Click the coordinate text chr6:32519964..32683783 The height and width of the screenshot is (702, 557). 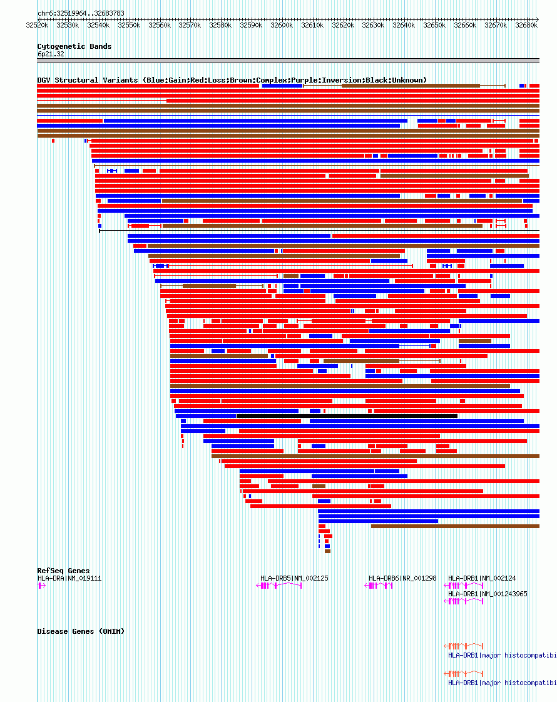(81, 13)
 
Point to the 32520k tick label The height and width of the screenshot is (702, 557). (37, 26)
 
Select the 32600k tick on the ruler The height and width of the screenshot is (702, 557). (282, 26)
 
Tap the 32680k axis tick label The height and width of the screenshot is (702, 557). (526, 26)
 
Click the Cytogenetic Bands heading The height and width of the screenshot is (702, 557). (74, 46)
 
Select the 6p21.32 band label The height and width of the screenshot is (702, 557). (51, 54)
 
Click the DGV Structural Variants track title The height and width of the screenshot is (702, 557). (232, 80)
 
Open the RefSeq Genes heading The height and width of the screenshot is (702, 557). (63, 571)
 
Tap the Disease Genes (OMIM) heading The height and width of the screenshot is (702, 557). (81, 631)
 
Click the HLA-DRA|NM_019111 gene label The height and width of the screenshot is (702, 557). (69, 578)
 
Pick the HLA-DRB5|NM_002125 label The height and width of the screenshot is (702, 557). (294, 578)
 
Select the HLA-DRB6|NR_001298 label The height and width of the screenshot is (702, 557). (402, 578)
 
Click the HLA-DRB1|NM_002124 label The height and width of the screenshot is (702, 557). (482, 578)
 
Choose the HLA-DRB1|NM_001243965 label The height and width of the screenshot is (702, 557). (488, 594)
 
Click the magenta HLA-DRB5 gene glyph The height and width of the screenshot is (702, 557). (279, 586)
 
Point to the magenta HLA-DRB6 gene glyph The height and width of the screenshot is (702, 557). (379, 586)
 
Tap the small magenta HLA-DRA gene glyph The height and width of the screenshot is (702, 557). (41, 586)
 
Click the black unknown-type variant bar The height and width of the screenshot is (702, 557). (347, 416)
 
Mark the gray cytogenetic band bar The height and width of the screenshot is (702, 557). (288, 61)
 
